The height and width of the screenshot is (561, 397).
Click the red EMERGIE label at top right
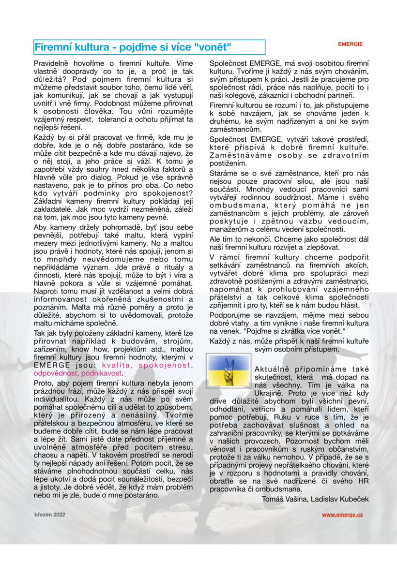[x=351, y=44]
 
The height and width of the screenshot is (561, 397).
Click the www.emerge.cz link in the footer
[x=342, y=515]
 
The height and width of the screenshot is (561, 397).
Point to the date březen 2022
[x=50, y=515]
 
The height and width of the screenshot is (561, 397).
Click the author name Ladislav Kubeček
[x=341, y=499]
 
